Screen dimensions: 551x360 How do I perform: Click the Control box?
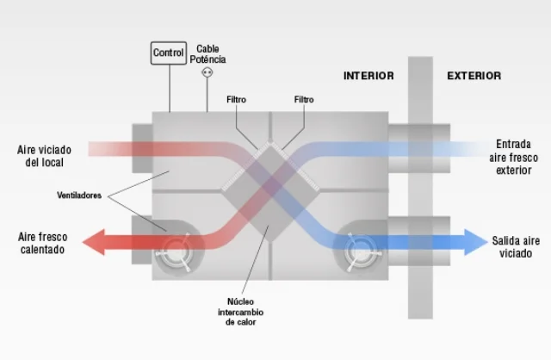(x=169, y=53)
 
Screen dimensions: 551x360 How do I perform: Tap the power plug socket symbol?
(x=207, y=72)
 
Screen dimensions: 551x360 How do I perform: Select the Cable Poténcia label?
(x=207, y=54)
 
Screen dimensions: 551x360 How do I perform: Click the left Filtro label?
(x=236, y=100)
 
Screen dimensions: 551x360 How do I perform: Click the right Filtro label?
(x=304, y=100)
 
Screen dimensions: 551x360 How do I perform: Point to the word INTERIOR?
(x=368, y=76)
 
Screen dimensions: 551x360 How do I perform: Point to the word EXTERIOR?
(x=474, y=76)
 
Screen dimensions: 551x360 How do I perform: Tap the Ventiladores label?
(x=79, y=196)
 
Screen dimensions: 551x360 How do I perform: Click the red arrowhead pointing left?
(x=94, y=242)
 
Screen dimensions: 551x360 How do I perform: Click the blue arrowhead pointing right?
(x=476, y=242)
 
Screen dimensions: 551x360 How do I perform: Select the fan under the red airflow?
(x=175, y=251)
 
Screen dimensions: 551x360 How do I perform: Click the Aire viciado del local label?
(x=44, y=156)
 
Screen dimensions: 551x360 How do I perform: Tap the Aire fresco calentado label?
(x=42, y=243)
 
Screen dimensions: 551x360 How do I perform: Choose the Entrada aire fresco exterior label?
(x=513, y=157)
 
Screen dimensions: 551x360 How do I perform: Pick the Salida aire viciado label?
(x=516, y=247)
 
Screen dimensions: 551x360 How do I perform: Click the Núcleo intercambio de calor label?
(x=241, y=312)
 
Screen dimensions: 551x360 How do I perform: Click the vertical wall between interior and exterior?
(x=420, y=188)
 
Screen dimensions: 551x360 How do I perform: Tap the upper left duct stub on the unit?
(x=142, y=148)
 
